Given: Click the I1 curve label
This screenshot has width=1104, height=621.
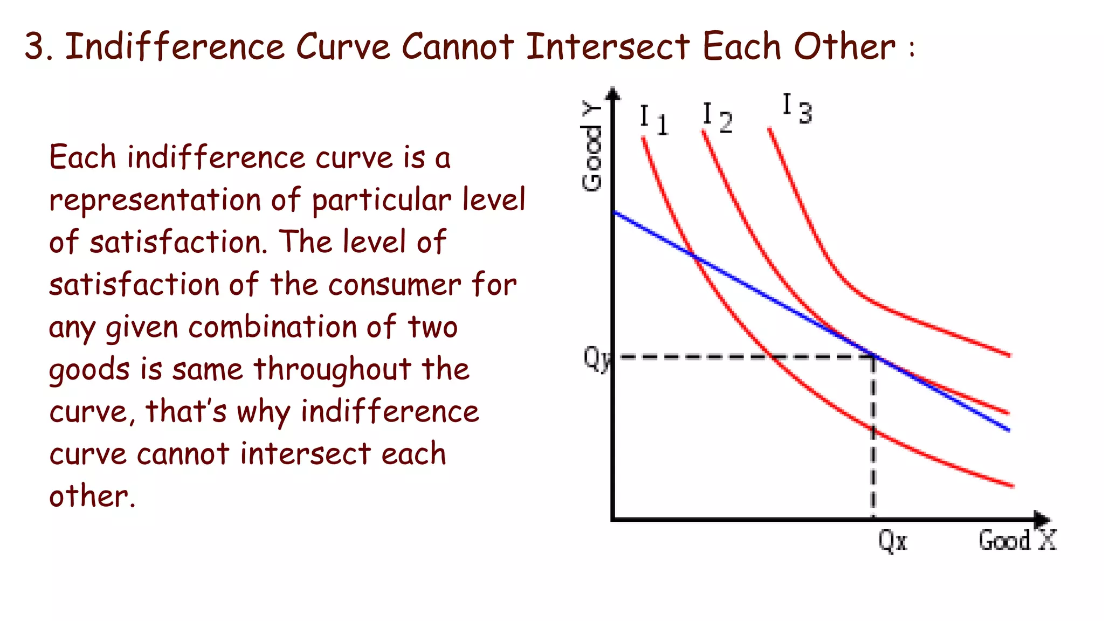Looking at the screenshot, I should coord(653,120).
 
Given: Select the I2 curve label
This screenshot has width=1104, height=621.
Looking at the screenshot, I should coord(717,118).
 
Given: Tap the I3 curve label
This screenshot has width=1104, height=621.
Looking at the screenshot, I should coord(797,109).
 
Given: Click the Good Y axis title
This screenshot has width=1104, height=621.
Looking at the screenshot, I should coord(592,147).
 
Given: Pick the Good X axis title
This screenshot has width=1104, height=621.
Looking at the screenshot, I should coord(1017,540).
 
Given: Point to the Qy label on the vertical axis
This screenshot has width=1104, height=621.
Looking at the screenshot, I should coord(596,357).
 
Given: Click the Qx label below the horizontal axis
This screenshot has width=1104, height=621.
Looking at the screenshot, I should coord(892,540).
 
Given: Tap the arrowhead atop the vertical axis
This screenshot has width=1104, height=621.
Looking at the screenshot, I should coord(613,94).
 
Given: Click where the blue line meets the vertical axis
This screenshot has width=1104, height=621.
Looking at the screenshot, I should coord(614,212).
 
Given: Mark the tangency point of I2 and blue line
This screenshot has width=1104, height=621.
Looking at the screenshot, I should coord(874,356).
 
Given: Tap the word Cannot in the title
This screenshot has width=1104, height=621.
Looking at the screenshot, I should coord(457,46).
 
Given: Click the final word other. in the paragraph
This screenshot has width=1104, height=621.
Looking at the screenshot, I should coord(92,496).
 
